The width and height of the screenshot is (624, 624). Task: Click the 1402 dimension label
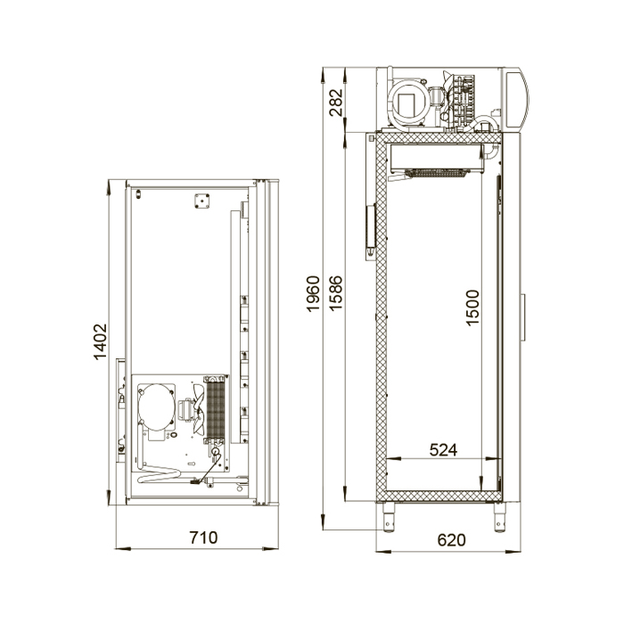click(x=100, y=341)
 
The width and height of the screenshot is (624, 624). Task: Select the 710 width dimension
click(x=203, y=538)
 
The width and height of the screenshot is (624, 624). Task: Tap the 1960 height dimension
click(x=313, y=293)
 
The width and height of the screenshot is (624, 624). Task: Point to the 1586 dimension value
click(x=336, y=293)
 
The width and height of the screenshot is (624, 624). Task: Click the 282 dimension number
click(x=336, y=102)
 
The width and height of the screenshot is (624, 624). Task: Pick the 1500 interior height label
click(x=472, y=308)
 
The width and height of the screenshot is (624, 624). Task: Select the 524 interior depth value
click(x=443, y=449)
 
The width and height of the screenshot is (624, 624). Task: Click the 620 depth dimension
click(x=451, y=539)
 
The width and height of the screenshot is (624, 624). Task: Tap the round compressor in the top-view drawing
click(x=156, y=406)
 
